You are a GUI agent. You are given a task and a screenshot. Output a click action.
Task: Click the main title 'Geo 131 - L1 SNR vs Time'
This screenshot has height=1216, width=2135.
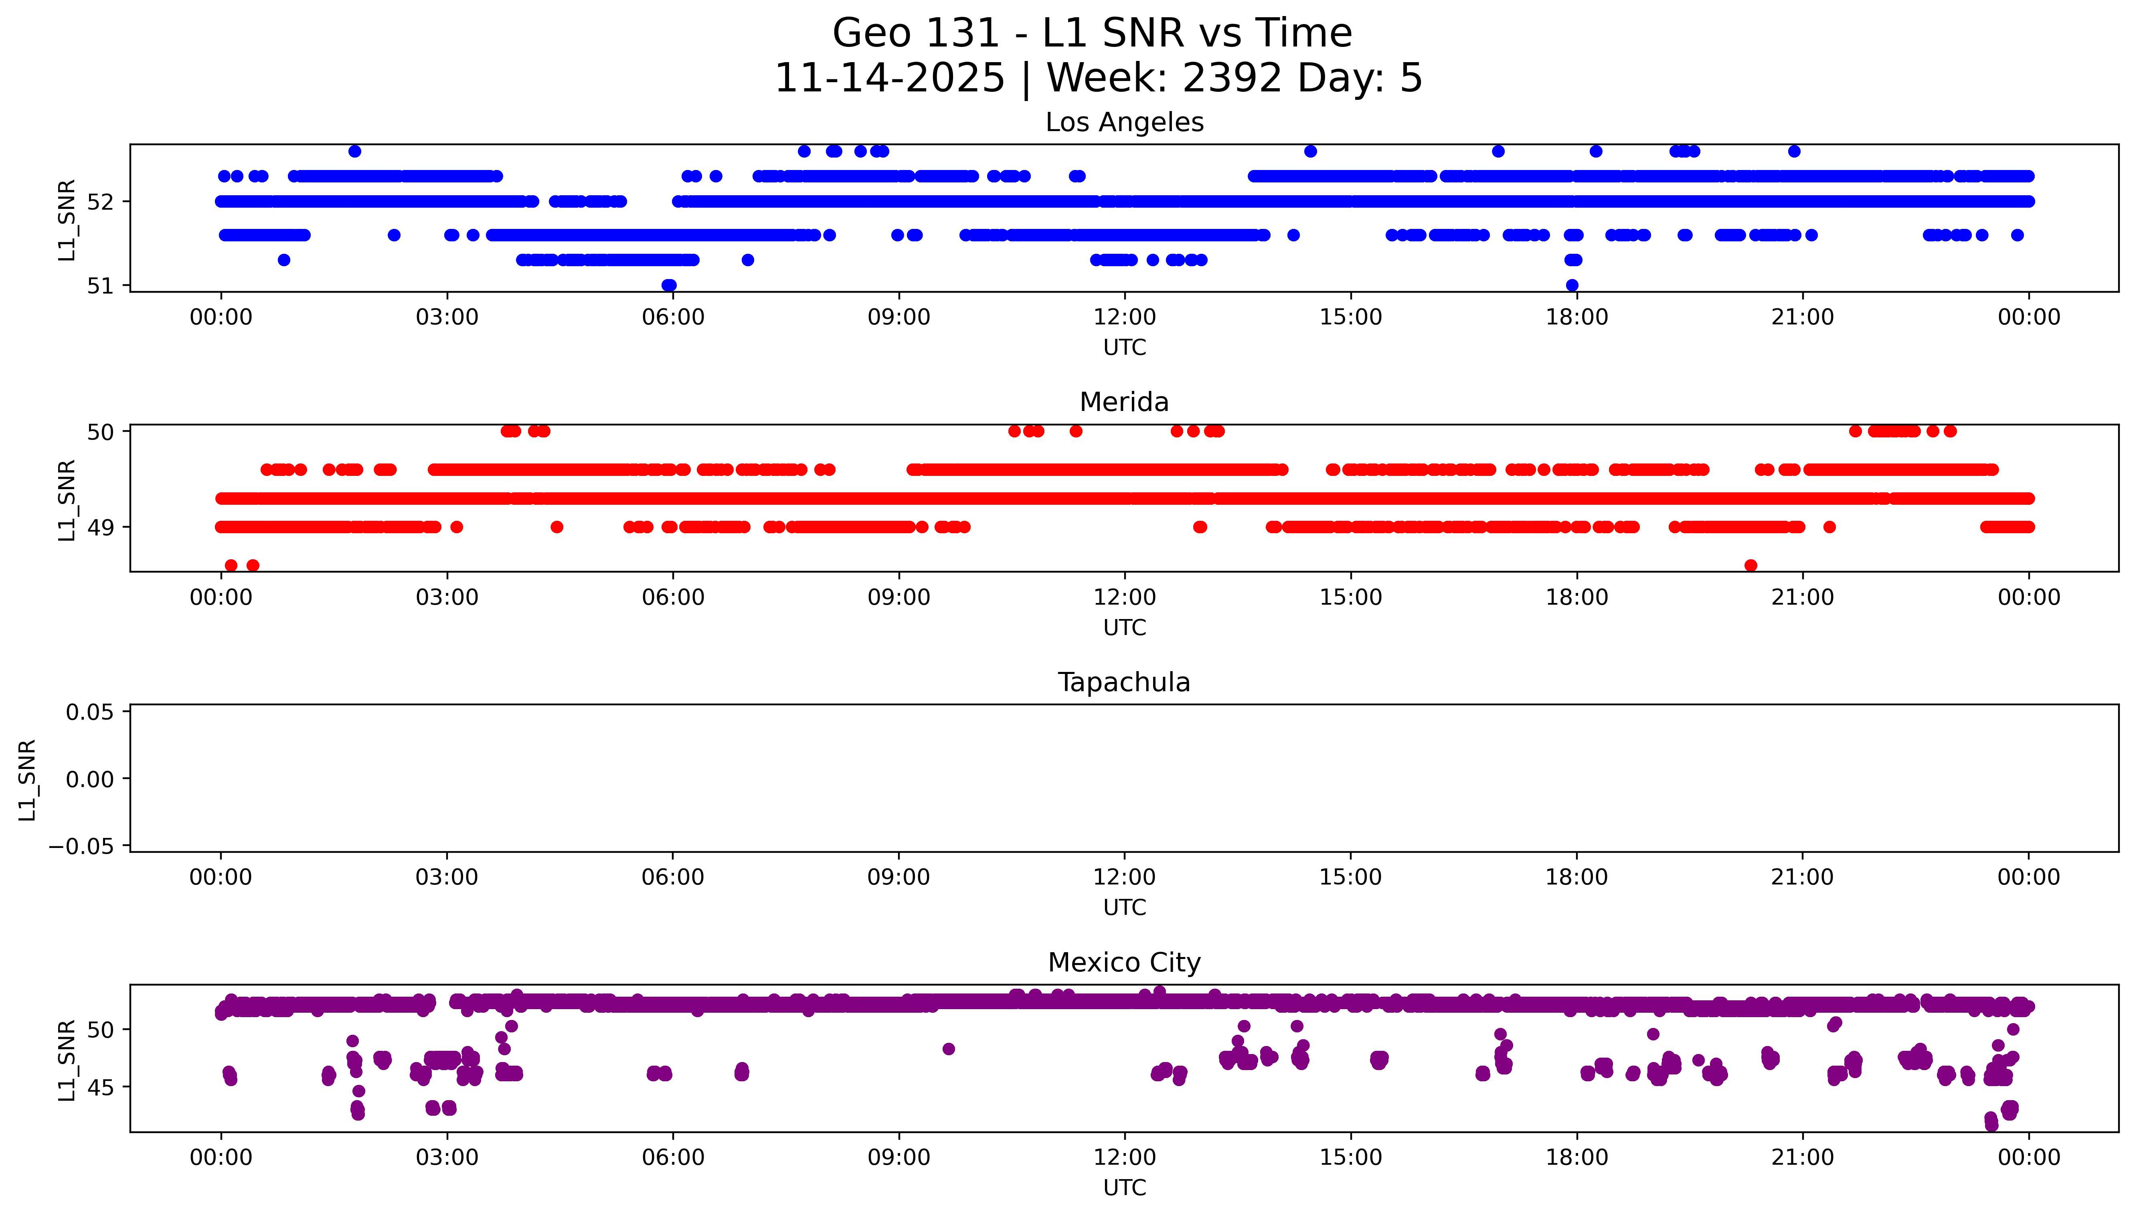pos(1092,33)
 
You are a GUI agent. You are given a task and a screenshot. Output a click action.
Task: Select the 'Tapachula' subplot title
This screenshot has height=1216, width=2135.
pos(1124,682)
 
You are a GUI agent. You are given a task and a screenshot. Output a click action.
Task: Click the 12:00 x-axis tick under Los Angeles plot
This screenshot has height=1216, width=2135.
pos(1125,318)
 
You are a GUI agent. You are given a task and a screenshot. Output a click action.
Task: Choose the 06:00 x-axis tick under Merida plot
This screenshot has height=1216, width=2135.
pos(673,597)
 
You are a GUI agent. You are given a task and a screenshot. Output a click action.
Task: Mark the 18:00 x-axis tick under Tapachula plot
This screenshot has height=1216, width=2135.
pos(1576,877)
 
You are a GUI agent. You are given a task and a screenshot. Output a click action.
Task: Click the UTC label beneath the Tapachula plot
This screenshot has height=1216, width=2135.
pos(1125,907)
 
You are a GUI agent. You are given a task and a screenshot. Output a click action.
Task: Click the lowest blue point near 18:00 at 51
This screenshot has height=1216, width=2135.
pos(1572,285)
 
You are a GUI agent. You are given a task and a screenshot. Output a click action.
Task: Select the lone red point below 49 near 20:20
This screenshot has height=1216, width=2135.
pos(1751,565)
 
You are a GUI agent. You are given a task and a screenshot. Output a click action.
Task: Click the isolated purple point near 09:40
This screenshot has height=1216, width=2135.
pos(949,1049)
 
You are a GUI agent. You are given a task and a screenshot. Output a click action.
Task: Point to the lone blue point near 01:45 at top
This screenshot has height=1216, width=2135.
pos(355,151)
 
